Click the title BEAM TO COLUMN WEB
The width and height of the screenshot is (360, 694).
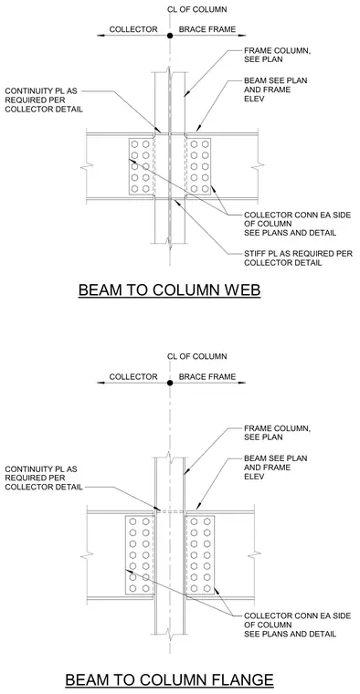click(169, 289)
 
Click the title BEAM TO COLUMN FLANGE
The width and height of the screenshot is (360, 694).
click(169, 679)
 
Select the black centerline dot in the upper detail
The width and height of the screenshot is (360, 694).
click(170, 36)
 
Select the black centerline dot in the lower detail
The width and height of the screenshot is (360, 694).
click(170, 383)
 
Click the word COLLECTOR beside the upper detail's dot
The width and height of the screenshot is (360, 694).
click(133, 29)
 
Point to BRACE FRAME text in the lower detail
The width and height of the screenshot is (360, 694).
click(207, 376)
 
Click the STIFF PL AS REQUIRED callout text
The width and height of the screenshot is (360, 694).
click(298, 258)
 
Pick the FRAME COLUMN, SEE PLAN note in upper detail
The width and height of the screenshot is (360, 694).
click(277, 56)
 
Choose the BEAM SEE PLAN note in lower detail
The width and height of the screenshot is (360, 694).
click(275, 468)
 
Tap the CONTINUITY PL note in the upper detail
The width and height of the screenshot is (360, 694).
click(44, 100)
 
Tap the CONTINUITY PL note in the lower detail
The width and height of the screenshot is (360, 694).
click(44, 478)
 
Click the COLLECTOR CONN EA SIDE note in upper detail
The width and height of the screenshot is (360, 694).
click(297, 224)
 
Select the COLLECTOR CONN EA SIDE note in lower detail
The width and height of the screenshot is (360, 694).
click(297, 625)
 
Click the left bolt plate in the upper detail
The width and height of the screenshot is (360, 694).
click(142, 166)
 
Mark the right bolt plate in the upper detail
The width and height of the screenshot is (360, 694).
click(198, 166)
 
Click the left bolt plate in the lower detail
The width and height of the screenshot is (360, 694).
click(140, 554)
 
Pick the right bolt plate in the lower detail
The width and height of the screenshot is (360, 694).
click(200, 554)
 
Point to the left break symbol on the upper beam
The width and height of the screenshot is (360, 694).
click(87, 167)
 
